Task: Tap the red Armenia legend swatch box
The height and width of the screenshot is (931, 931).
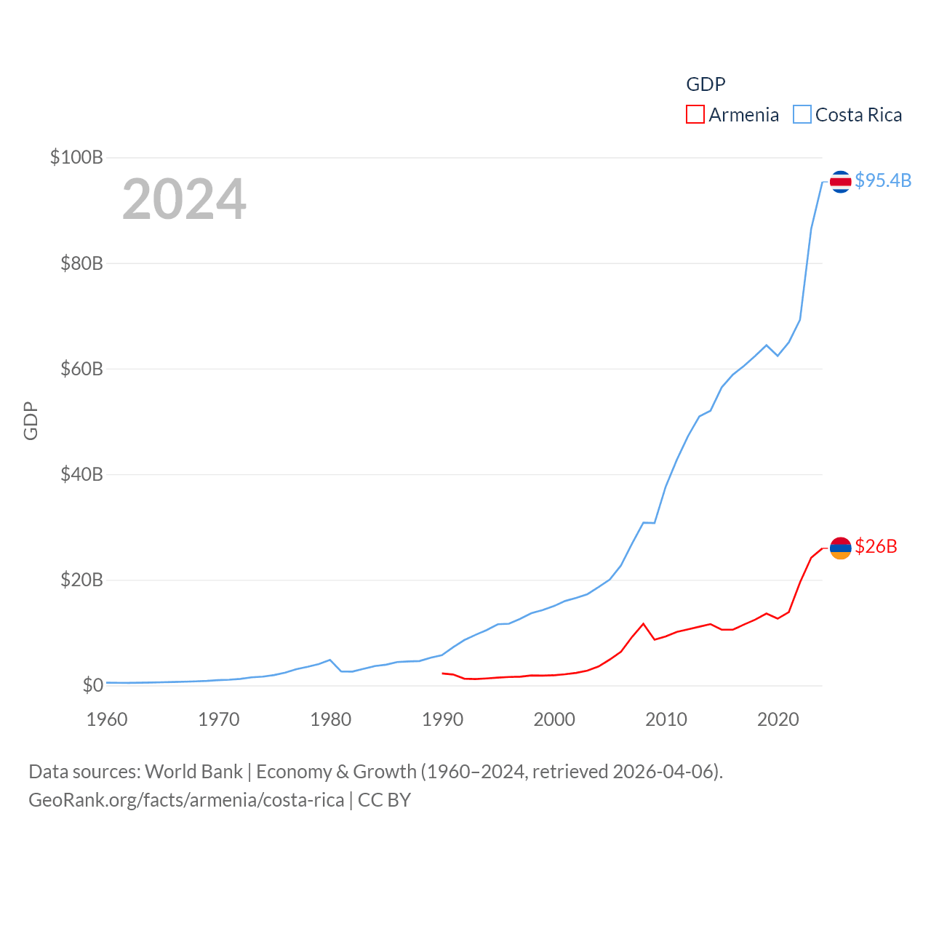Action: point(695,115)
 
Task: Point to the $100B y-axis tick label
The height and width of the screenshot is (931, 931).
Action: point(76,157)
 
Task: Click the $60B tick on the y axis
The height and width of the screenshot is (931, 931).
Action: point(81,369)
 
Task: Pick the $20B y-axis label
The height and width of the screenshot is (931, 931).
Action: point(81,580)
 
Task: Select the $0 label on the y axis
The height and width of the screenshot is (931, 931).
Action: point(92,685)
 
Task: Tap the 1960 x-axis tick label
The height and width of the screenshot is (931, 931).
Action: point(107,719)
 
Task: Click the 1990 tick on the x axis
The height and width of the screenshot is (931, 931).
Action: point(442,719)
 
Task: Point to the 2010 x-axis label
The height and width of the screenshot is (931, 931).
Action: point(666,719)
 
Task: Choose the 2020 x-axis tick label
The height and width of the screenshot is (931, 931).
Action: point(778,719)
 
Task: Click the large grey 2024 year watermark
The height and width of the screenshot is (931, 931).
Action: point(184,199)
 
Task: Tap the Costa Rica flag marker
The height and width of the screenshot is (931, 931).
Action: point(840,181)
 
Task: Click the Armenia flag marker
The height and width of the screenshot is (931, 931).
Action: point(840,548)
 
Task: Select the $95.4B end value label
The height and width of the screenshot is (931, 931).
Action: point(883,180)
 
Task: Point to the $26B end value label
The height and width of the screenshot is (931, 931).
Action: point(876,546)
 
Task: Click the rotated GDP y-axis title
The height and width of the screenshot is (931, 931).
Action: point(31,420)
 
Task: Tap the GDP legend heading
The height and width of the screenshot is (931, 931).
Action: point(706,84)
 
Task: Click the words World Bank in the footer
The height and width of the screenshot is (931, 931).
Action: point(194,771)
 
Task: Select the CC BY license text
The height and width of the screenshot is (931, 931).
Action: point(385,800)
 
